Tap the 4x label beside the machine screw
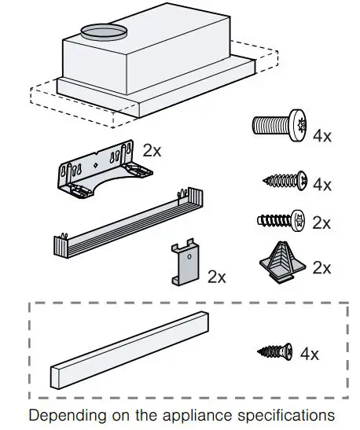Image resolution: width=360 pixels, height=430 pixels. tap(322, 136)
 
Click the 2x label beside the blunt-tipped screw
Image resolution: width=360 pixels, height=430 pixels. tap(322, 223)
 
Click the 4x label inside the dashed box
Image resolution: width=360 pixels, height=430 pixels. tap(310, 354)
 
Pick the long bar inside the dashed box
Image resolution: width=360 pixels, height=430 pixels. tap(131, 351)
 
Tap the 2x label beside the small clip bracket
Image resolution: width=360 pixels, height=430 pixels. tap(216, 277)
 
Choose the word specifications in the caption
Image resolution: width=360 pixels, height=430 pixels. tap(281, 414)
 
